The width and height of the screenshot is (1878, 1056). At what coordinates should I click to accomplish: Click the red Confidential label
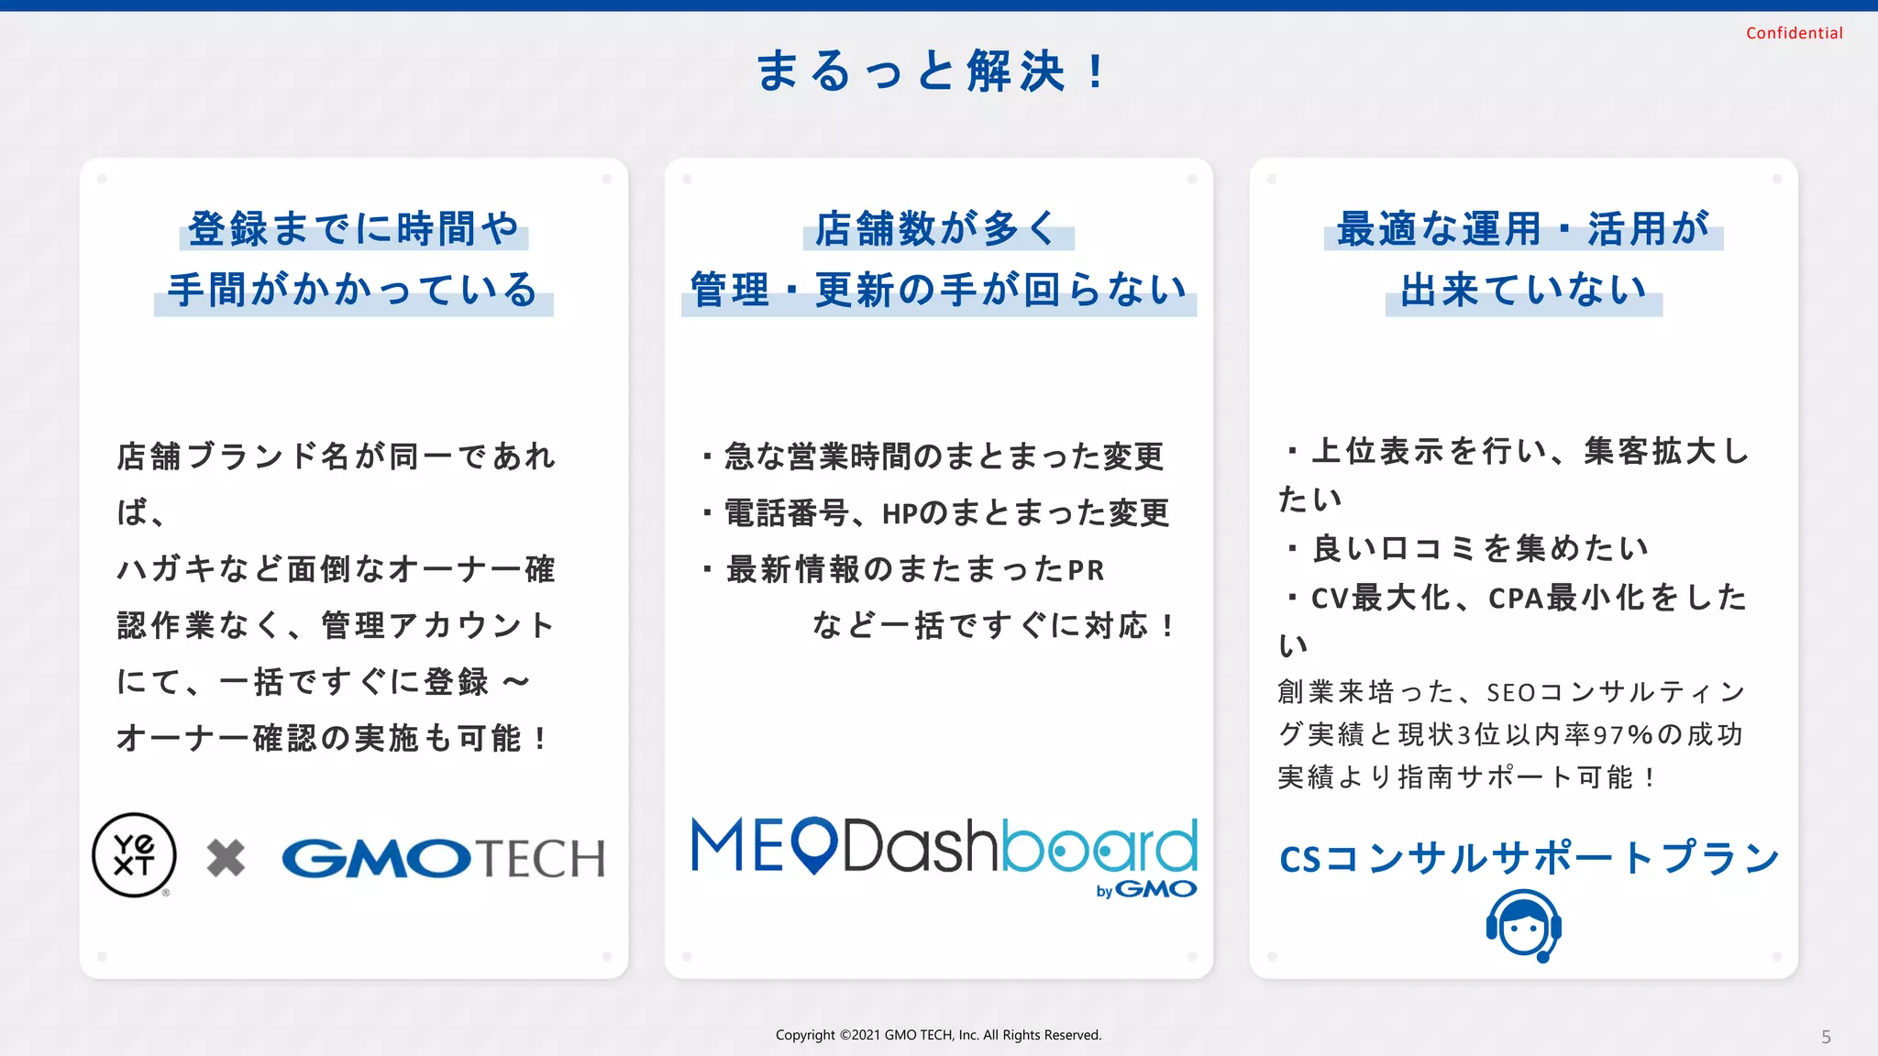point(1794,33)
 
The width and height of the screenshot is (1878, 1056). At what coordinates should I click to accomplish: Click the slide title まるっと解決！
point(932,71)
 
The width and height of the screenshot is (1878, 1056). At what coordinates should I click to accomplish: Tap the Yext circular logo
point(134,854)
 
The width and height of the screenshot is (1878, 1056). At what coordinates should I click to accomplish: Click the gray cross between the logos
point(226,858)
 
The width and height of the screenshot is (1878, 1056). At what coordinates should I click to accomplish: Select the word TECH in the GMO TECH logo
point(541,859)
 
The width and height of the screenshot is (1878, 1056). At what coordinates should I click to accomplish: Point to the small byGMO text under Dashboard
point(1146,889)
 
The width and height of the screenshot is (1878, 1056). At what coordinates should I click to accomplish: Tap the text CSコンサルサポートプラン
point(1530,858)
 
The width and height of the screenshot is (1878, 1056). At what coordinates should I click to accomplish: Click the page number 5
point(1826,1037)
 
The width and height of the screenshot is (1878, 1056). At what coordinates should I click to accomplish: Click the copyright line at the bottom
point(938,1035)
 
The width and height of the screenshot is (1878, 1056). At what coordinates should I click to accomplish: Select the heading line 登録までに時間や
point(354,228)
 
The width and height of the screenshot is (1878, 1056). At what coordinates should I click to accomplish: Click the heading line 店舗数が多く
point(937,228)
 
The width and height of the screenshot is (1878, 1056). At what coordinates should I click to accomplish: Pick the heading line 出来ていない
point(1523,290)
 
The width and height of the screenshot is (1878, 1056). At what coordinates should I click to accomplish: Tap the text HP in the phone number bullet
point(900,514)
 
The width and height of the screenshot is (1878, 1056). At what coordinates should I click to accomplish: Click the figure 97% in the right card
point(1622,735)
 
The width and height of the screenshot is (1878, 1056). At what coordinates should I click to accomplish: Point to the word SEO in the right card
point(1510,692)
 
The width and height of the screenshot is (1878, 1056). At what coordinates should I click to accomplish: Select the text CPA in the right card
point(1515,599)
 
